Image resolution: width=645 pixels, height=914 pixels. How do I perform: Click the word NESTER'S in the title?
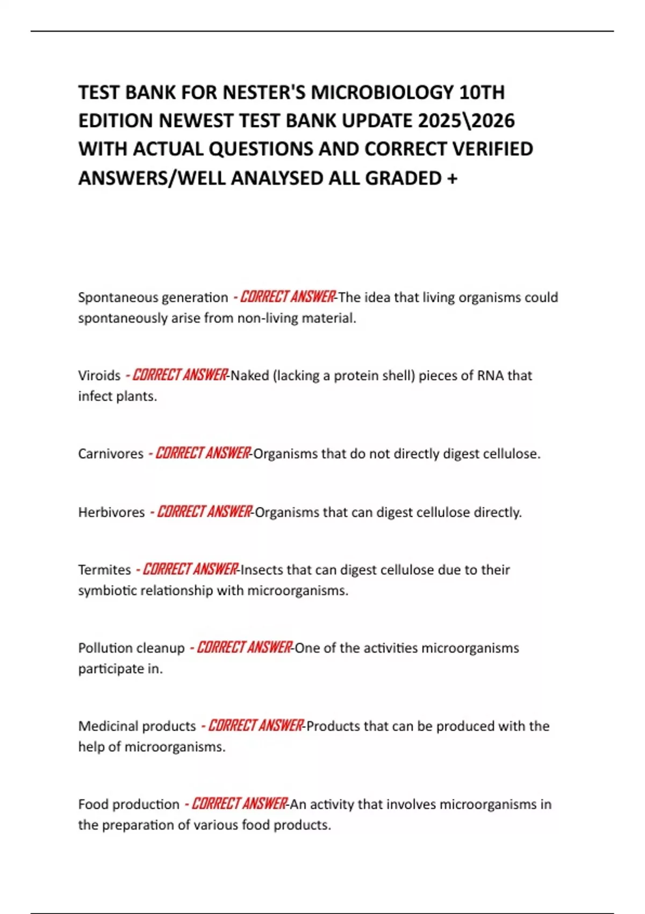pyautogui.click(x=264, y=92)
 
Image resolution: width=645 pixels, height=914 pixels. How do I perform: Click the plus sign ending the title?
pyautogui.click(x=451, y=178)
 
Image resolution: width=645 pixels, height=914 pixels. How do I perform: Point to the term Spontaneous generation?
pyautogui.click(x=153, y=297)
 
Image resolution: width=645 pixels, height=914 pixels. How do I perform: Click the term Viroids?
pyautogui.click(x=99, y=375)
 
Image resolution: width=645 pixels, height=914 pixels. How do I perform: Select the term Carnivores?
pyautogui.click(x=111, y=454)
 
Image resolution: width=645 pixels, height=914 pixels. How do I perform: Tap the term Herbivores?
pyautogui.click(x=111, y=512)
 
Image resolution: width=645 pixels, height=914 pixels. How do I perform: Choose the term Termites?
pyautogui.click(x=104, y=569)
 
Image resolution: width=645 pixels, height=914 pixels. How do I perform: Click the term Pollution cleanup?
pyautogui.click(x=131, y=648)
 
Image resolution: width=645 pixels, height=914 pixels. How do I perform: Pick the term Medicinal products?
pyautogui.click(x=137, y=726)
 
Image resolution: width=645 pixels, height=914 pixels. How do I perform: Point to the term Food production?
pyautogui.click(x=129, y=804)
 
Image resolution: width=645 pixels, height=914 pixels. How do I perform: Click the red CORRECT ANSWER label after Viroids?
pyautogui.click(x=180, y=375)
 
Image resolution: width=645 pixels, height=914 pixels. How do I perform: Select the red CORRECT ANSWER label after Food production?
pyautogui.click(x=239, y=804)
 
